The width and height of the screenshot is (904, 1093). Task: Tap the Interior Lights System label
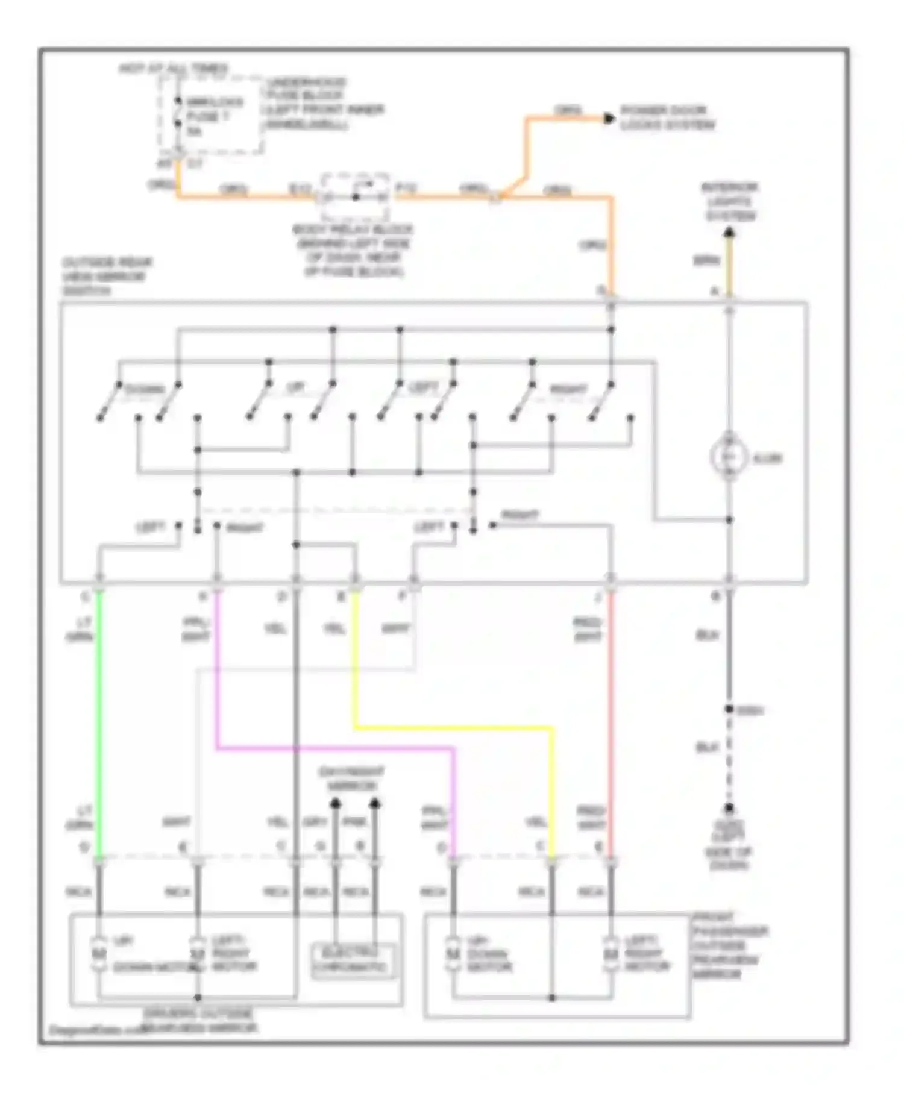[729, 201]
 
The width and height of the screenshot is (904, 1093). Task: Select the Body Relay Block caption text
[353, 250]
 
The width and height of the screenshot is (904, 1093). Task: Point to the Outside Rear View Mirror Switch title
[107, 276]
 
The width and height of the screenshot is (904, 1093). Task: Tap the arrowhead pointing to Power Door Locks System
[609, 118]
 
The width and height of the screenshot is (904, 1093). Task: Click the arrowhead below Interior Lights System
[729, 232]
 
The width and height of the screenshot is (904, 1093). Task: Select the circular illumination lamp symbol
[729, 457]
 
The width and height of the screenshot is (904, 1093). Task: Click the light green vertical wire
[99, 723]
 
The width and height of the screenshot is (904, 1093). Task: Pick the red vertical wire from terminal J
[611, 723]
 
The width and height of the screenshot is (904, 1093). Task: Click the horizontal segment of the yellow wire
[452, 728]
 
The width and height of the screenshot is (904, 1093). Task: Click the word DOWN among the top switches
[144, 389]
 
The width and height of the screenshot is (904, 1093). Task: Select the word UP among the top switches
[295, 387]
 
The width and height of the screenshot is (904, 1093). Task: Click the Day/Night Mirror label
[351, 778]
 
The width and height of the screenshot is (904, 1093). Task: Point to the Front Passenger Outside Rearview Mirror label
[729, 945]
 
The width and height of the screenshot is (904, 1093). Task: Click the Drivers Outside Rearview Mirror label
[199, 1021]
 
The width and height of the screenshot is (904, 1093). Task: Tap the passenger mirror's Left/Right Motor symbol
[611, 954]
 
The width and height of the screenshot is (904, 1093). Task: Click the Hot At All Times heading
[174, 68]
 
